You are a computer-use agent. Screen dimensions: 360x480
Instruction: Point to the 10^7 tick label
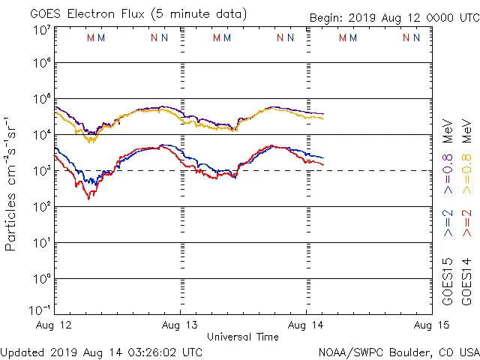coord(41,29)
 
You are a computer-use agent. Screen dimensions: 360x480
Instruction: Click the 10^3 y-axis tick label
coord(41,170)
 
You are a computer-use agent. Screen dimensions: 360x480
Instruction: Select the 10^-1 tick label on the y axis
coord(40,309)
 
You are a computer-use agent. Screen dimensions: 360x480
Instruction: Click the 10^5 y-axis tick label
coord(41,99)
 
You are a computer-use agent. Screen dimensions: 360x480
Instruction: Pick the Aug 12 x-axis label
coord(54,325)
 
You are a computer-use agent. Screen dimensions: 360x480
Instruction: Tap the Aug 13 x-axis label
coord(180,325)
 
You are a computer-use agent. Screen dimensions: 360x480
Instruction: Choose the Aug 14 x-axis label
coord(306,325)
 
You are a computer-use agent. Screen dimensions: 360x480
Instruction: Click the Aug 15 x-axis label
coord(430,325)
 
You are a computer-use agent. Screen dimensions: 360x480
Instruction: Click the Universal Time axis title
coord(243,337)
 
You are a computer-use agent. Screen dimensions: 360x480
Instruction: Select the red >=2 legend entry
coord(466,223)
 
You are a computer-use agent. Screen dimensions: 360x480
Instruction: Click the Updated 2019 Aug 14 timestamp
coord(102,351)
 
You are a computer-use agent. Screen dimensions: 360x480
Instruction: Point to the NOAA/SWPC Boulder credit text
coord(398,351)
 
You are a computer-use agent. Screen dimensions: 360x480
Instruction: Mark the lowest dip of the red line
coord(88,199)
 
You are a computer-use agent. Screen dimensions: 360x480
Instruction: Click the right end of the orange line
coord(323,118)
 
